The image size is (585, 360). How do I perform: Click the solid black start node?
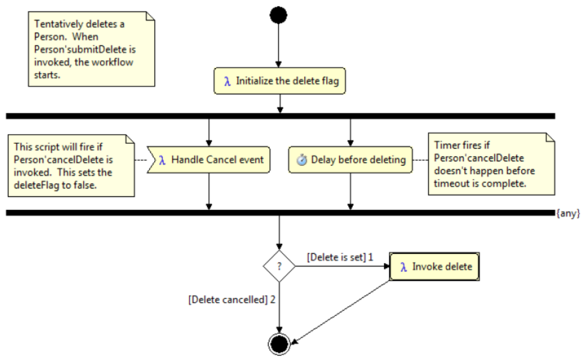pyautogui.click(x=279, y=15)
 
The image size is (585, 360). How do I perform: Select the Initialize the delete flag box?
pyautogui.click(x=280, y=81)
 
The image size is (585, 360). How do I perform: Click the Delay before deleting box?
pyautogui.click(x=350, y=160)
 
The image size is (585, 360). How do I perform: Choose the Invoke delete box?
pyautogui.click(x=434, y=267)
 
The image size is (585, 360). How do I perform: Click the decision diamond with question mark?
pyautogui.click(x=279, y=267)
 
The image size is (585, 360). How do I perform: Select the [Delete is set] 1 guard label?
pyautogui.click(x=340, y=258)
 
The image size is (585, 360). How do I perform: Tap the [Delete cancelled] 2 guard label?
pyautogui.click(x=232, y=300)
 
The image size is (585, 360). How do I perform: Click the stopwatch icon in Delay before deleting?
pyautogui.click(x=302, y=160)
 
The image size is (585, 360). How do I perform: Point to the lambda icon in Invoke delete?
pyautogui.click(x=403, y=267)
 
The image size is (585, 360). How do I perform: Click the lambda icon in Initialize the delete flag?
pyautogui.click(x=228, y=81)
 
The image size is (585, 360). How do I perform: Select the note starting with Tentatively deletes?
pyautogui.click(x=91, y=49)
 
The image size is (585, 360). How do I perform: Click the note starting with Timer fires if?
pyautogui.click(x=491, y=164)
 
